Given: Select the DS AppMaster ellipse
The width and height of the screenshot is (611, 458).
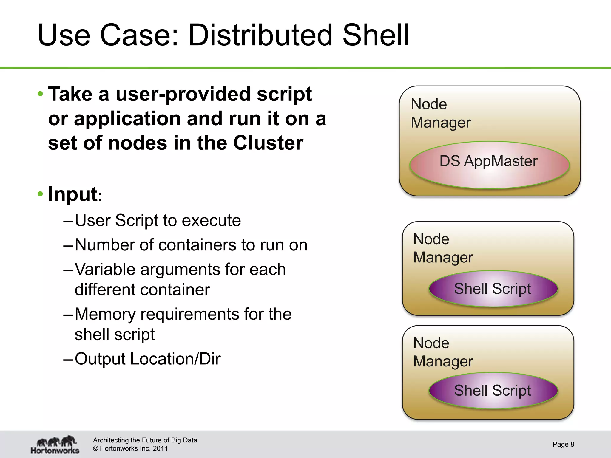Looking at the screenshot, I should click(489, 165).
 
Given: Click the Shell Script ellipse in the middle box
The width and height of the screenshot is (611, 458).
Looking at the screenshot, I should click(493, 289).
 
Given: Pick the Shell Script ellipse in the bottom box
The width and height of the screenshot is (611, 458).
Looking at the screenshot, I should click(493, 391).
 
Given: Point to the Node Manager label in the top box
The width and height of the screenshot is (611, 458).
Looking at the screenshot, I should click(440, 113).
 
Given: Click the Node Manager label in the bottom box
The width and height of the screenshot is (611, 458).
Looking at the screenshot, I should click(443, 352).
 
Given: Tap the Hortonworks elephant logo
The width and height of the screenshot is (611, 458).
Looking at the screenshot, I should click(55, 445).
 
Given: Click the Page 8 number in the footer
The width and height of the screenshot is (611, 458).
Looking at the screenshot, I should click(563, 444).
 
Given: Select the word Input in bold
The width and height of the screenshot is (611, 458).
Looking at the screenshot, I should click(73, 194).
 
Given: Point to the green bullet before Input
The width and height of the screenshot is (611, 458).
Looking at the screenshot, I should click(41, 194).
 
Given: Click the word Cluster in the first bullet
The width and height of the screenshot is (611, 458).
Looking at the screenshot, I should click(268, 143).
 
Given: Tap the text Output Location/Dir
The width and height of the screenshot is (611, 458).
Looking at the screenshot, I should click(147, 359).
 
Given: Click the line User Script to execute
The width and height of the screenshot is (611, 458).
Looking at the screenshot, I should click(158, 221).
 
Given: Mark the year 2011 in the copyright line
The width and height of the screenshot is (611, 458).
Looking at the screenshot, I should click(160, 448).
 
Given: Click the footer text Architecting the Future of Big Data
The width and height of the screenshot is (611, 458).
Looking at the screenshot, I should click(145, 440).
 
